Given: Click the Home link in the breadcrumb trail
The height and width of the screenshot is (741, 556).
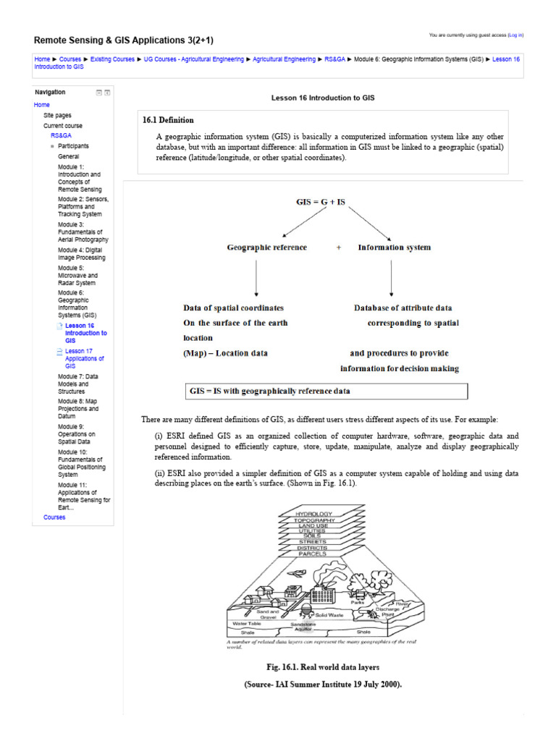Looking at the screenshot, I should (x=42, y=59).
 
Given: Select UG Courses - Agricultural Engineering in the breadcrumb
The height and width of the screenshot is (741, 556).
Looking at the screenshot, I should (x=193, y=59).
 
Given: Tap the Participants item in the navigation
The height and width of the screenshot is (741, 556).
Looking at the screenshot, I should (x=73, y=146).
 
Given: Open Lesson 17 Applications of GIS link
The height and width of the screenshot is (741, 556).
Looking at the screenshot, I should (x=84, y=358).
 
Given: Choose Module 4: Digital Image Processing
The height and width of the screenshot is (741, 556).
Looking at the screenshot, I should (x=81, y=253).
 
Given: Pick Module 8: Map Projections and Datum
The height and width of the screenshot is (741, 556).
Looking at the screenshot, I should (x=78, y=409).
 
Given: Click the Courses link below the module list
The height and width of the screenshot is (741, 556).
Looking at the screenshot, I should (x=54, y=517).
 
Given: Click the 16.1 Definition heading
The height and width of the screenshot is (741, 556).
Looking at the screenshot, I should (x=168, y=120).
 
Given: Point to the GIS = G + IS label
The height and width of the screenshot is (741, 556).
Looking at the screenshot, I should (x=321, y=203).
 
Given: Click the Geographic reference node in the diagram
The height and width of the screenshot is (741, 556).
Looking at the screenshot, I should (x=266, y=247).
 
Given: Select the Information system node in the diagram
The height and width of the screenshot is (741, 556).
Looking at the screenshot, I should (x=394, y=247).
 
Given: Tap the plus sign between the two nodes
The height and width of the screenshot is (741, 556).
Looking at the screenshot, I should (x=338, y=247).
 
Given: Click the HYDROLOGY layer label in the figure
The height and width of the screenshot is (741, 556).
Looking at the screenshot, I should (x=313, y=514).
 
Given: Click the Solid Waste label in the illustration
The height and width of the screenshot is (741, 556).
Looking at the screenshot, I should (x=329, y=614).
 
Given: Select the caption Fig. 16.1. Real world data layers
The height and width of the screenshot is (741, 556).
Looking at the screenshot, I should (x=322, y=666).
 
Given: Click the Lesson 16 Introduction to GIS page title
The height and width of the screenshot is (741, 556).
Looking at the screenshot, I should (x=322, y=97).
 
